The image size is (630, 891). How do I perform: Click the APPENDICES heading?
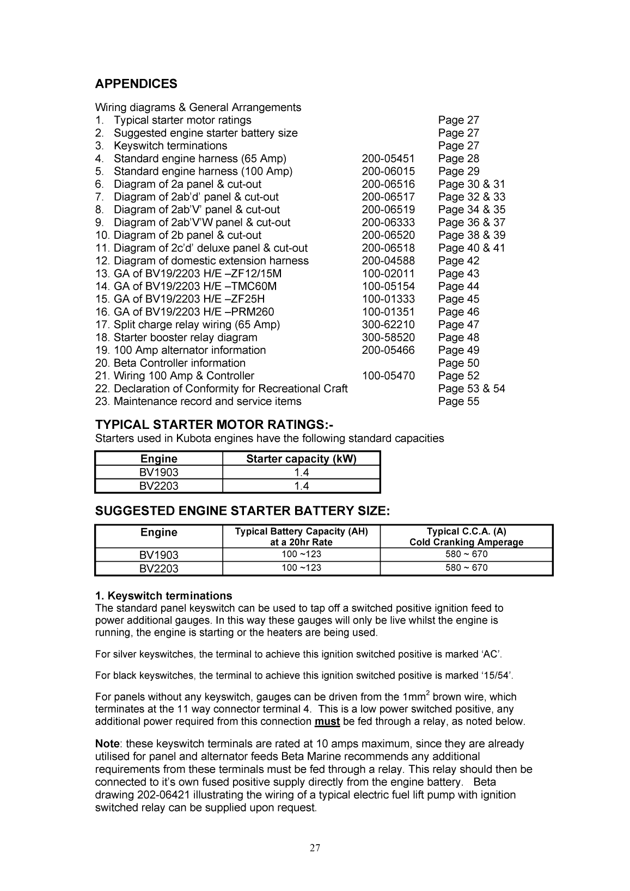136,84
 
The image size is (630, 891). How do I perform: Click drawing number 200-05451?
388,158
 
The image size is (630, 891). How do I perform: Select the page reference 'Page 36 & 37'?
472,222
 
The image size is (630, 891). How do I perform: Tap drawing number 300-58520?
388,337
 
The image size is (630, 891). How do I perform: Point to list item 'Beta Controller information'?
179,363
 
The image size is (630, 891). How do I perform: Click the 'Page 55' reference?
458,401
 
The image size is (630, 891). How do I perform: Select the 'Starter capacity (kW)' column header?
301,459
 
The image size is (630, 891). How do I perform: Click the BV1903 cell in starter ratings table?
158,472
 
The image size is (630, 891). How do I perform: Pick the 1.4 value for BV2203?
301,486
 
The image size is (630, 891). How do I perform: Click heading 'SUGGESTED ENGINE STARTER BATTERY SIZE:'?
242,511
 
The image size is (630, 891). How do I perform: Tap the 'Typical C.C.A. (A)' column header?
466,532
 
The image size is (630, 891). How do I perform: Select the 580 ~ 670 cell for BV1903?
466,555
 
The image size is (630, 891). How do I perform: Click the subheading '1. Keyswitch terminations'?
163,595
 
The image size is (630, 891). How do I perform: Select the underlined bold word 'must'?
327,722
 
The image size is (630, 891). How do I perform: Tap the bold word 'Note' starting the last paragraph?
107,743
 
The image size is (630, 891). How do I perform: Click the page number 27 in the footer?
315,847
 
